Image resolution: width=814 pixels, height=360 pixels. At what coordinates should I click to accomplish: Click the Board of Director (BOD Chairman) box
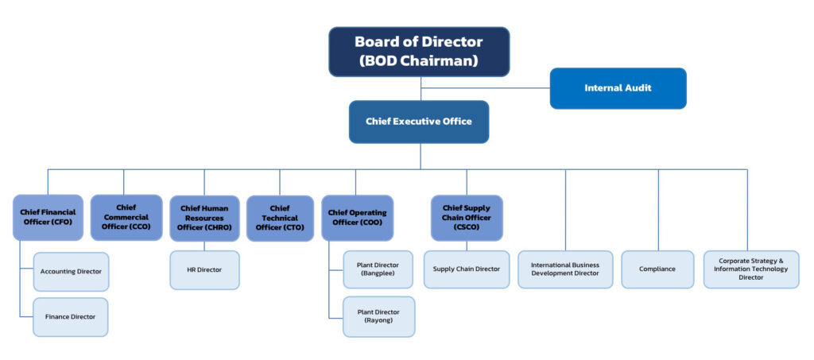(x=419, y=52)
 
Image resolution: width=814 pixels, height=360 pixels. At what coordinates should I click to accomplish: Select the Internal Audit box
(x=618, y=87)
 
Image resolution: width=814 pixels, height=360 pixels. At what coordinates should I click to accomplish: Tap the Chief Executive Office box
(x=418, y=122)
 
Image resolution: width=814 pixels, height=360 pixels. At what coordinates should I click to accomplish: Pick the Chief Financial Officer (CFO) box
(x=48, y=217)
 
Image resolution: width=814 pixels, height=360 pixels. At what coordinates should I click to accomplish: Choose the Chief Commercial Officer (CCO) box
(x=125, y=217)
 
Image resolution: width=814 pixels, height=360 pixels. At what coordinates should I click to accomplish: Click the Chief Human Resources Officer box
(x=204, y=218)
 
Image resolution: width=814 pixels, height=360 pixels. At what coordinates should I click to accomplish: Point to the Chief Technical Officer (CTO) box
(x=280, y=218)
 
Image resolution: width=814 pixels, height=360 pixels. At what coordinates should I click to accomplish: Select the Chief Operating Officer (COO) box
(x=357, y=218)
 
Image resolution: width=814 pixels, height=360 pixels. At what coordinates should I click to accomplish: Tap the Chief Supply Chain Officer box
(x=467, y=217)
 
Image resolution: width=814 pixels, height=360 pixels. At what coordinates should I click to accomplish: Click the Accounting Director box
(x=71, y=272)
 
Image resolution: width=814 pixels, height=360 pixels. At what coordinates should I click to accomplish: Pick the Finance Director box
(x=71, y=316)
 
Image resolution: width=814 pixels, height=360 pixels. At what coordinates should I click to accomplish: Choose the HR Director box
(x=204, y=270)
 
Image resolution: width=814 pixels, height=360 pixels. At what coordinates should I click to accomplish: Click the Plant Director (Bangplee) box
(x=378, y=269)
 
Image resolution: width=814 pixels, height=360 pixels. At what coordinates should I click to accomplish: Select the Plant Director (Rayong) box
(x=378, y=316)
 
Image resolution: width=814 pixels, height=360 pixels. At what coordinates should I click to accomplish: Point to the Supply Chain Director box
(x=467, y=269)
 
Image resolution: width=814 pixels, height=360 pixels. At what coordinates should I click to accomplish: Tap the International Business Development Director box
(x=565, y=269)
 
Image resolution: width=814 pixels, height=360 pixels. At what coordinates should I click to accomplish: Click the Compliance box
(x=657, y=269)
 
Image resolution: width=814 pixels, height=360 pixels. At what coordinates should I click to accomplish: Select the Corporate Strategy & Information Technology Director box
(x=751, y=269)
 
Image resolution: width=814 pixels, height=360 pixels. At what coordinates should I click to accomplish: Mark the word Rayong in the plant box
(x=378, y=321)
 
